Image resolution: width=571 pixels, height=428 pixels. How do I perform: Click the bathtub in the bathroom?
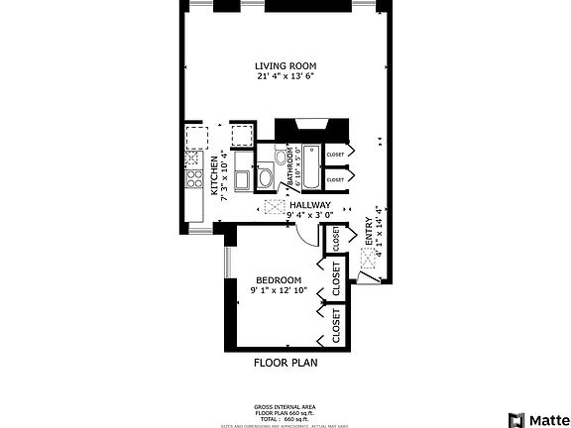coord(309,168)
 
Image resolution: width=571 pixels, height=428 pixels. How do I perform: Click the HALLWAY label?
coord(309,205)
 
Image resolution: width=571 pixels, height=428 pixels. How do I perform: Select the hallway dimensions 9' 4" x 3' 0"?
coord(309,215)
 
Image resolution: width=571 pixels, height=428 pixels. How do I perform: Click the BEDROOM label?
coord(279,279)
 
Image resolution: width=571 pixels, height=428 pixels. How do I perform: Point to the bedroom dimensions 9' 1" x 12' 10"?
coord(279,290)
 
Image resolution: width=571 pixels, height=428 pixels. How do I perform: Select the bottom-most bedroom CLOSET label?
coord(336,325)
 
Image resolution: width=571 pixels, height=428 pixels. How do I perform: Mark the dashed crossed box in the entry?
coord(369,256)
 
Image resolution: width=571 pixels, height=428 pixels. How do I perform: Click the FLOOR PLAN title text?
coord(285,363)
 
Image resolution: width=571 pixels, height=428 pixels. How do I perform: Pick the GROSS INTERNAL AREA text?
coord(285,406)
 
